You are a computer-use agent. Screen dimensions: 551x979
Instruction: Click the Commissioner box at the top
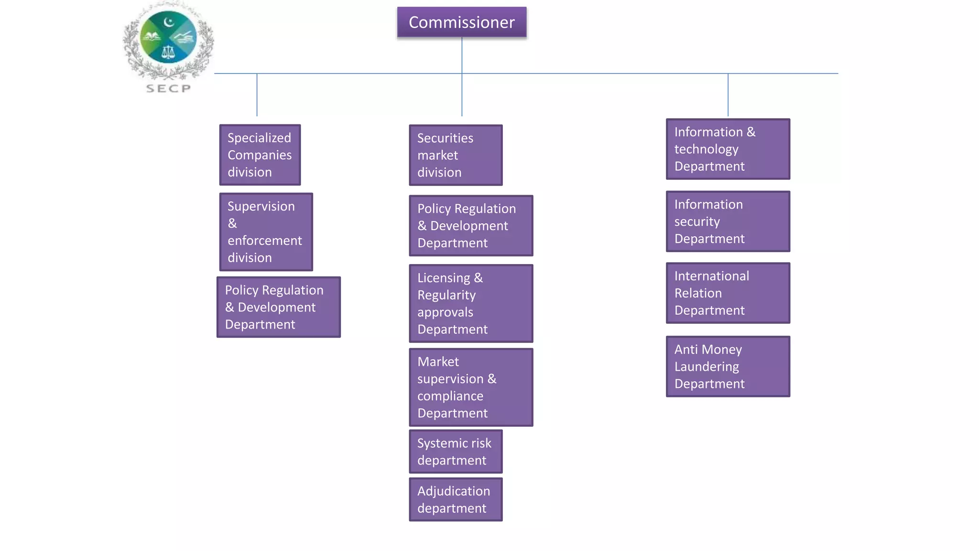(461, 22)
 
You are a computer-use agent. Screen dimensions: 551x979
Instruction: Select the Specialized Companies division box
(260, 155)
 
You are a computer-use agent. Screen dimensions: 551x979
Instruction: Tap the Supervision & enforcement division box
(266, 232)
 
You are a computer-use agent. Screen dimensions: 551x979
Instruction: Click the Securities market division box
(455, 155)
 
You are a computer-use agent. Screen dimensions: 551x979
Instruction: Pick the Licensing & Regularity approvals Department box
(470, 303)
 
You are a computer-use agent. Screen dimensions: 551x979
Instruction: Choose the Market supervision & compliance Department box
(470, 387)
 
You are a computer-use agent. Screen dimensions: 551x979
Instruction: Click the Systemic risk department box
(455, 452)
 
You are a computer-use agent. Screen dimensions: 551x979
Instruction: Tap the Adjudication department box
(455, 499)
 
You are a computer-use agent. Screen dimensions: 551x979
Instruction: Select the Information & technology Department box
(728, 149)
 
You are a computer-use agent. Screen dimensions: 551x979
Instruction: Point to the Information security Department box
(728, 221)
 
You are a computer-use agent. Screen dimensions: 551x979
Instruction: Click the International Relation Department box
(728, 293)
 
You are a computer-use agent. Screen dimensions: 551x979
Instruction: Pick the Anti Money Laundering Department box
(728, 366)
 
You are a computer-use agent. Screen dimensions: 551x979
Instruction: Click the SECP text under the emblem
(168, 88)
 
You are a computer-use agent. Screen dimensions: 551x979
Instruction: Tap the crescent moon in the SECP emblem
(168, 22)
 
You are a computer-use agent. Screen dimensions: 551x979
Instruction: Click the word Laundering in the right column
(706, 367)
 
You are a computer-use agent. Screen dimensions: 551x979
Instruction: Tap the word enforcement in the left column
(264, 241)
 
